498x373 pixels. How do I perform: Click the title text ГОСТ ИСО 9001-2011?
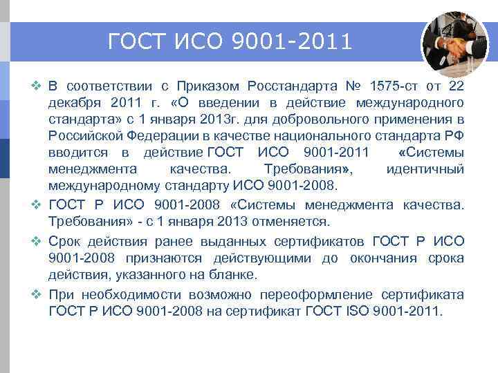tap(230, 42)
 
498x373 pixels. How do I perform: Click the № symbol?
tap(353, 86)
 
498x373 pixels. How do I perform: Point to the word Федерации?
tap(159, 136)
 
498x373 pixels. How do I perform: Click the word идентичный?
tap(425, 170)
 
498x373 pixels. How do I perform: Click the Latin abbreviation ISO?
tap(356, 310)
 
